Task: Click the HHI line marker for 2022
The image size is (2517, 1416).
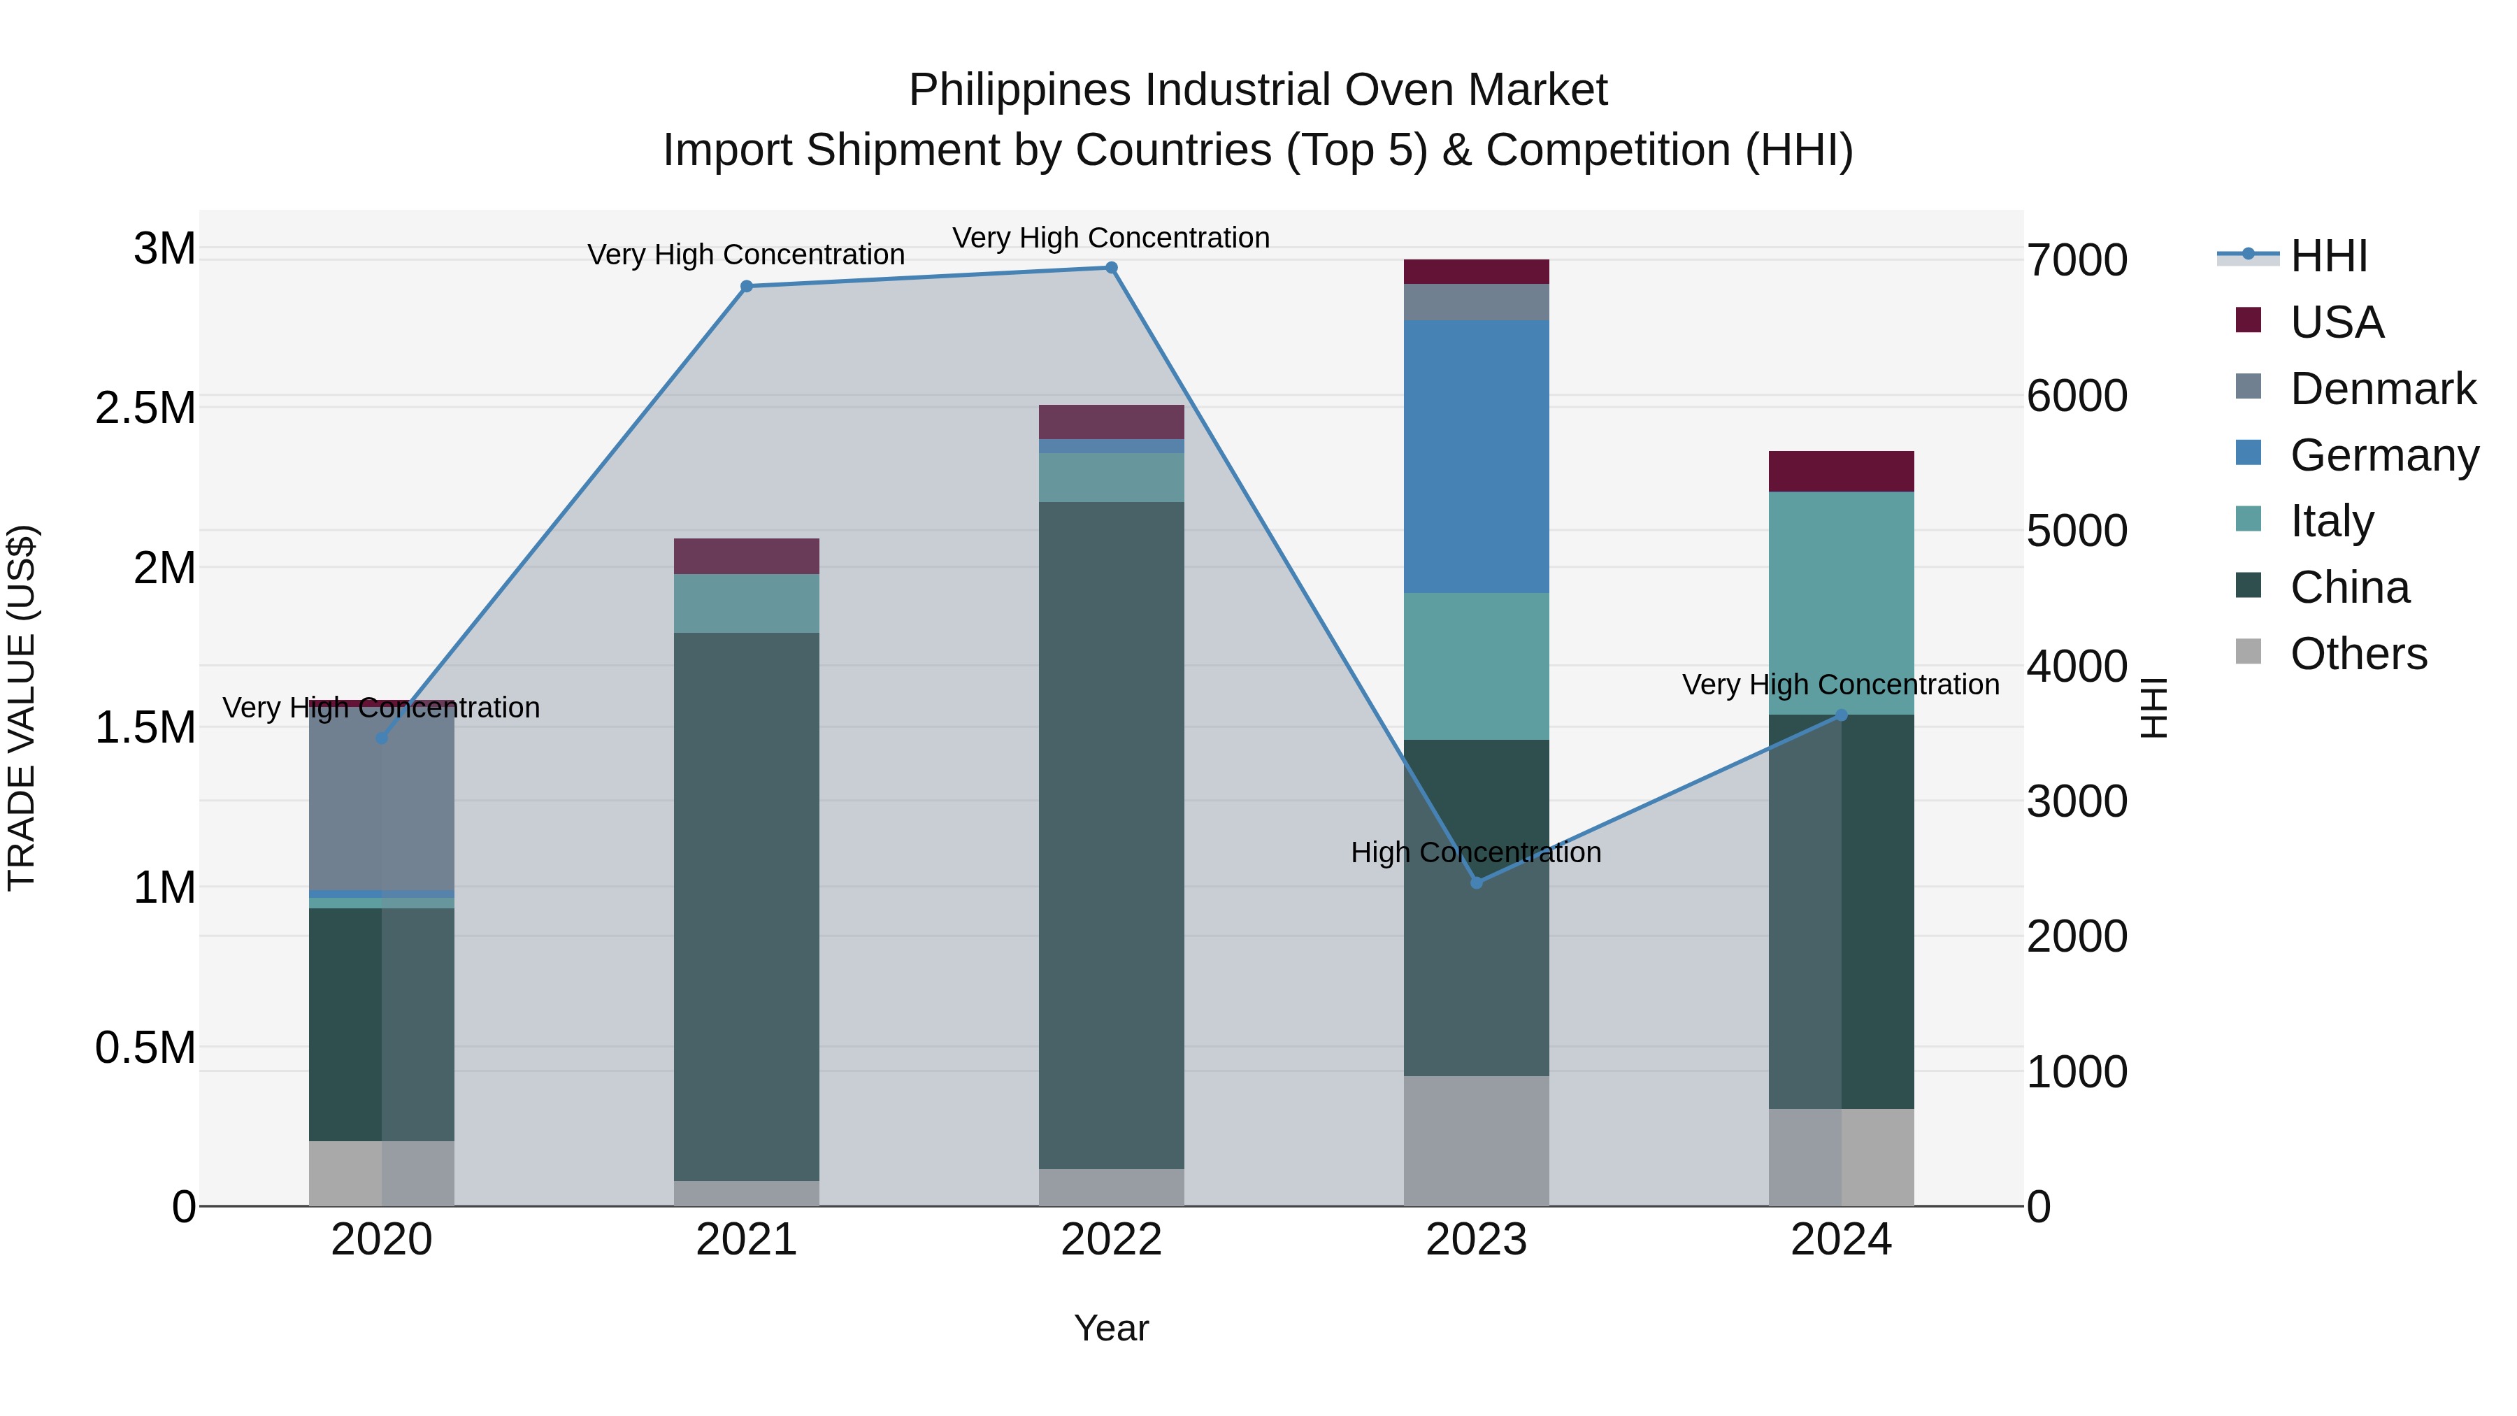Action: (x=1111, y=268)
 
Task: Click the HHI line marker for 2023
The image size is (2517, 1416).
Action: (x=1477, y=882)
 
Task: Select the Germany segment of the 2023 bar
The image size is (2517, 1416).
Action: (x=1477, y=457)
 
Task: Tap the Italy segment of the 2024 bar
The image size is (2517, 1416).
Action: (x=1841, y=603)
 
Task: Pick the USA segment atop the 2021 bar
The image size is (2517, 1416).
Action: (x=747, y=556)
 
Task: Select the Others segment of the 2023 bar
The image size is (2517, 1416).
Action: (x=1477, y=1140)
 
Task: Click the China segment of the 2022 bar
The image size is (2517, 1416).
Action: (x=1111, y=836)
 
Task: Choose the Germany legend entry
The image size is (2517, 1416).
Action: (x=2383, y=455)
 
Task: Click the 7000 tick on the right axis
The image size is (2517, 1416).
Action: (x=2077, y=261)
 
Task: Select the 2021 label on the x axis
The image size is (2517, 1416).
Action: (x=747, y=1240)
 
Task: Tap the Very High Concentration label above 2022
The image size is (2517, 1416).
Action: (x=1111, y=238)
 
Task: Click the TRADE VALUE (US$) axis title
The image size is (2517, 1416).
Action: (x=22, y=708)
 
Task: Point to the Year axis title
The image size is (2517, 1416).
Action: (x=1111, y=1328)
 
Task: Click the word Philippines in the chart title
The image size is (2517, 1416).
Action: (x=1020, y=90)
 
